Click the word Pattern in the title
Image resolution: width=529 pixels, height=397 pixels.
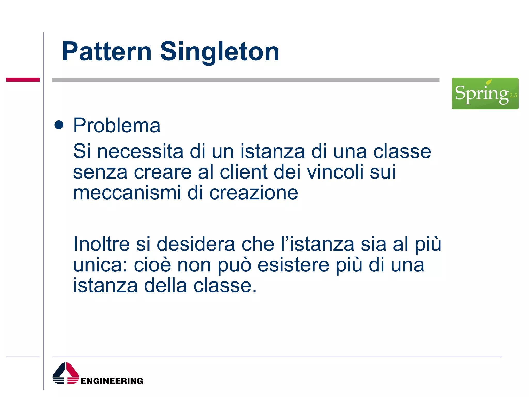(106, 52)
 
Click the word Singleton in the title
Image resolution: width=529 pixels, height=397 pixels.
(220, 52)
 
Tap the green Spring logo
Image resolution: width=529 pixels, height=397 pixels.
(485, 93)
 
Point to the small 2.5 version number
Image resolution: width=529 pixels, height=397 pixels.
(513, 95)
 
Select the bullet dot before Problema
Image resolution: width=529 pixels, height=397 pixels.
(59, 125)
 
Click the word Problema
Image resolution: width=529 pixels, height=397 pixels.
(117, 126)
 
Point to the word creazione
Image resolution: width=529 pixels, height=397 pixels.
(253, 193)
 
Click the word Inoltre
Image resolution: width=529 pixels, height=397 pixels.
(102, 244)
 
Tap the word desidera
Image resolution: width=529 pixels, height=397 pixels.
(196, 244)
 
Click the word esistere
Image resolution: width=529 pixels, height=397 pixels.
(293, 265)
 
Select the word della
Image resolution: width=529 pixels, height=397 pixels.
(165, 286)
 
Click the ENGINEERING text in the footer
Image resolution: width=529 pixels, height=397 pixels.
(112, 381)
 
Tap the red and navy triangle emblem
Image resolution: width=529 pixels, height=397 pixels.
(66, 373)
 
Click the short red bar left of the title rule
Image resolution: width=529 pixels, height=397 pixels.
(23, 80)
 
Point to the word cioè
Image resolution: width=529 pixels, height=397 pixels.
(152, 265)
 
